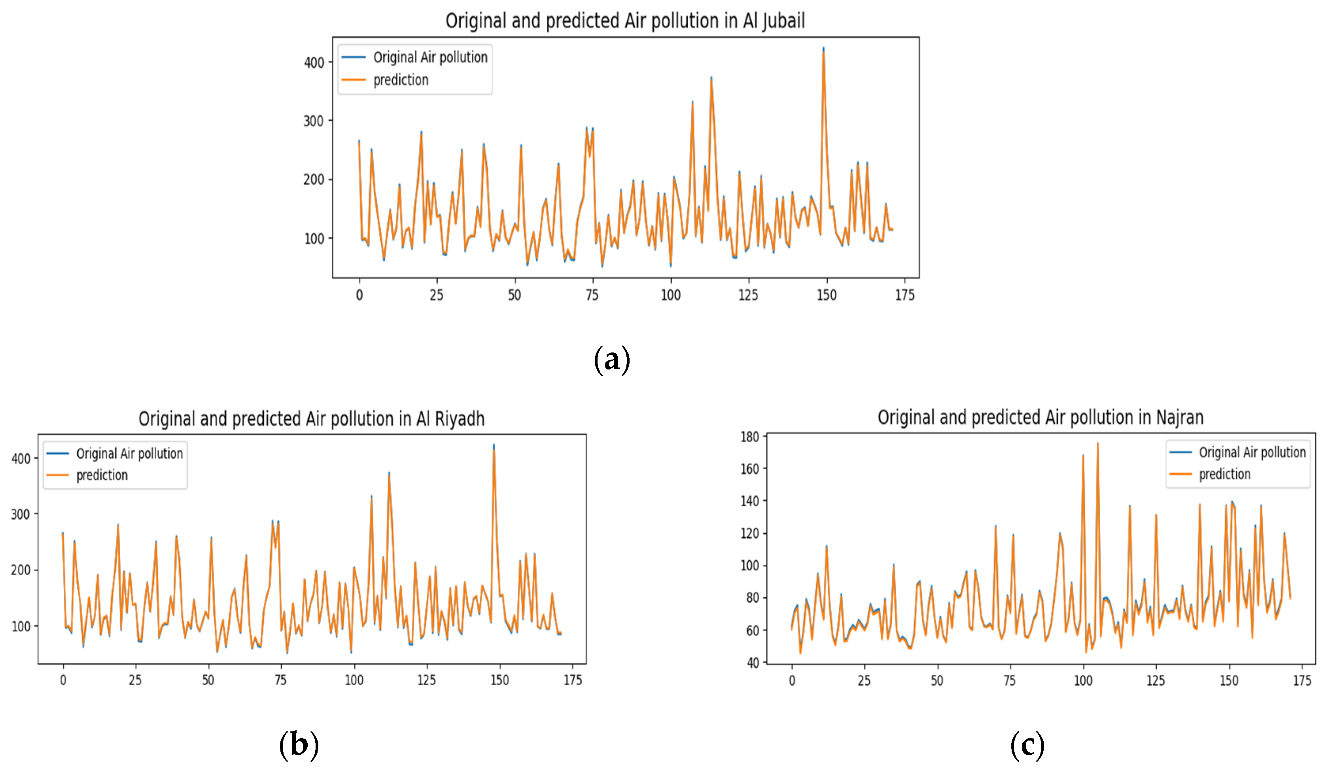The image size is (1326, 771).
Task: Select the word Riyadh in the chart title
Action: [x=460, y=419]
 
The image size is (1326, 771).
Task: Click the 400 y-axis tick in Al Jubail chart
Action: [x=314, y=63]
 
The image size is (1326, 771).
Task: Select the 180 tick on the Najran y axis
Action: [x=749, y=437]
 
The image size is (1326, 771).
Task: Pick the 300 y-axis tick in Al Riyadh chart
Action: [x=21, y=514]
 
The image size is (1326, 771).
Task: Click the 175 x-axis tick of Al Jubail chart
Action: [x=904, y=295]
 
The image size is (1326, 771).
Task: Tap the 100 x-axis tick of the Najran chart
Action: [x=1083, y=680]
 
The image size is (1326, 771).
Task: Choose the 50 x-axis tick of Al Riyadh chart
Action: [x=208, y=680]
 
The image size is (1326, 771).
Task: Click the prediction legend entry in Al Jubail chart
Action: [x=401, y=80]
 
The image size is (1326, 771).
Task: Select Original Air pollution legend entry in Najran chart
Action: [x=1252, y=452]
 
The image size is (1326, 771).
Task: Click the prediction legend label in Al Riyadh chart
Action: [x=102, y=475]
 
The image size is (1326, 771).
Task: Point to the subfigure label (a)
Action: [x=611, y=360]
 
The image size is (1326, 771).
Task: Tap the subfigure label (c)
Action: [x=1027, y=745]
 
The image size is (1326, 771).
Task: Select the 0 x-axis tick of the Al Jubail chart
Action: [x=359, y=295]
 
